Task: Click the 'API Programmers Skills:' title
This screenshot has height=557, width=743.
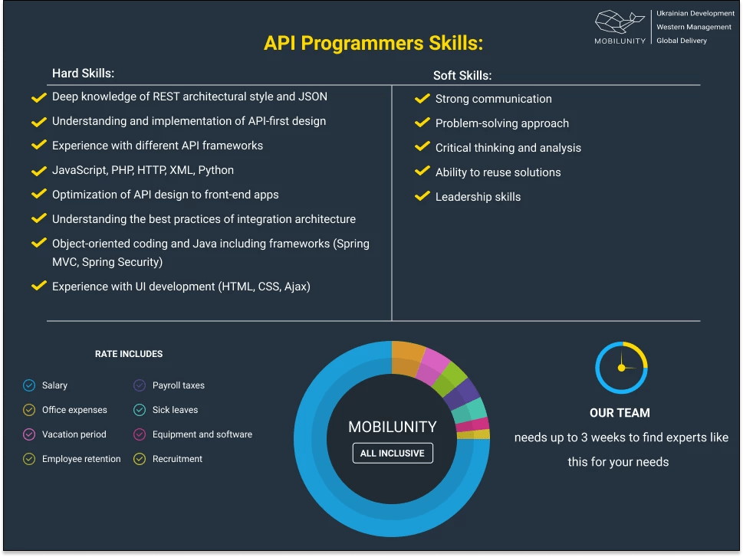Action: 373,43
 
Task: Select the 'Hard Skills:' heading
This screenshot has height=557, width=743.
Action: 83,74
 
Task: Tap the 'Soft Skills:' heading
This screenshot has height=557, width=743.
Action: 462,75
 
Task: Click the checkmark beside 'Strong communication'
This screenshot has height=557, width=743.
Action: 422,99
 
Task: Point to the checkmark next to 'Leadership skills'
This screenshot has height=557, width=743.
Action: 422,197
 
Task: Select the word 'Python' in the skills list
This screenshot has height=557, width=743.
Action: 216,170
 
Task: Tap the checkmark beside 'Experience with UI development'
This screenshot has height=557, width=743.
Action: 38,287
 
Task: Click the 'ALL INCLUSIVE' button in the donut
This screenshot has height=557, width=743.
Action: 393,453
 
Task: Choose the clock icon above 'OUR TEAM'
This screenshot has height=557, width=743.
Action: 621,368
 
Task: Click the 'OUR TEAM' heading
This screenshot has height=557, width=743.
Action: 620,413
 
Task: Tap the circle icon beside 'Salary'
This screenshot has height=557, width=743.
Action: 29,385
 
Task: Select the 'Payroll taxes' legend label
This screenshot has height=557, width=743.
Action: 179,385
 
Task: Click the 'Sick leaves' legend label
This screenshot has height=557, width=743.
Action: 175,410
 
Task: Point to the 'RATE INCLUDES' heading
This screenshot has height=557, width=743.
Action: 129,354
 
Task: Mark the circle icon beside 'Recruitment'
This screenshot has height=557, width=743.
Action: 140,459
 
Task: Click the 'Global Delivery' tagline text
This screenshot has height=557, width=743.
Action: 682,41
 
